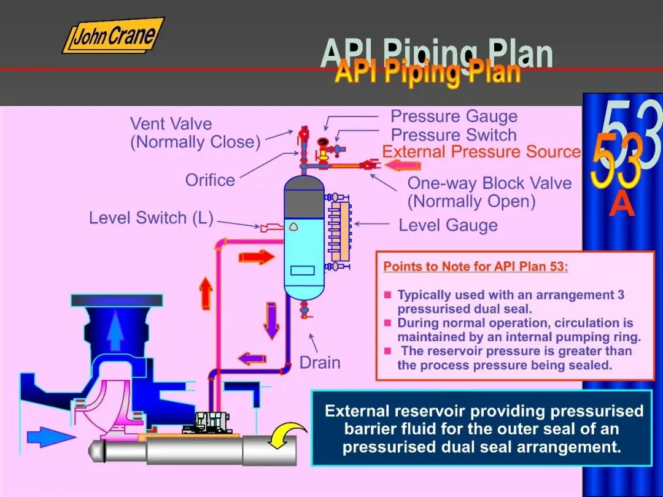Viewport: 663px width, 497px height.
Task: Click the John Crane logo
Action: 113,36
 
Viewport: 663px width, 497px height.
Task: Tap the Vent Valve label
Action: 195,133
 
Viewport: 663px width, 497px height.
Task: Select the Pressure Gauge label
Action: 454,117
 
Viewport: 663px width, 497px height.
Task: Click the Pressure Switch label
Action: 454,135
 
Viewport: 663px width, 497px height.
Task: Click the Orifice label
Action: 210,180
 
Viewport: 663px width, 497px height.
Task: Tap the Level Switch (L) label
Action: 150,218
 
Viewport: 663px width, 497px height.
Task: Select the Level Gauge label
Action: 448,225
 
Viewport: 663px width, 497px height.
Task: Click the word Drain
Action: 320,363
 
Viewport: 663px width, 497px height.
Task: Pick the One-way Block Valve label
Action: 489,192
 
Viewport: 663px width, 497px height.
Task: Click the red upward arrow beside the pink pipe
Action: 206,292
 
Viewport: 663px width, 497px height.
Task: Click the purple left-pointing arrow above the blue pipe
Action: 252,358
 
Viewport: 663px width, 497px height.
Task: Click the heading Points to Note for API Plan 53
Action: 476,267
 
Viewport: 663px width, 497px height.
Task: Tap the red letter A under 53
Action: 622,205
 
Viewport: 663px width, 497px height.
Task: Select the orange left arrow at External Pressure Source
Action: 403,164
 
